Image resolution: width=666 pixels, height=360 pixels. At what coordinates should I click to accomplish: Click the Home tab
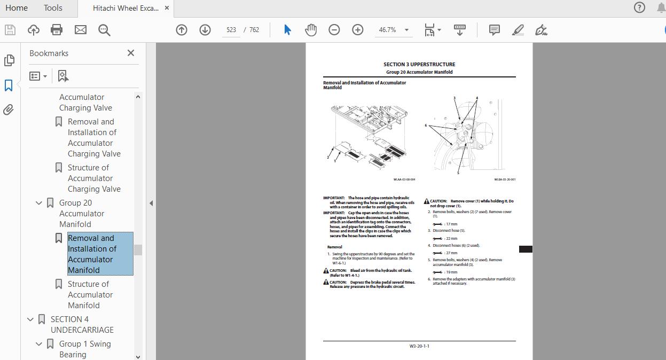17,8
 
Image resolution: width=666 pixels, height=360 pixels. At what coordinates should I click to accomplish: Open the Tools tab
53,8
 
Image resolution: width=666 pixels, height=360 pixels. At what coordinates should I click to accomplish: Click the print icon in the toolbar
57,30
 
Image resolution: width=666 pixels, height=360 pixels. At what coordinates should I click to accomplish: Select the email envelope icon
80,30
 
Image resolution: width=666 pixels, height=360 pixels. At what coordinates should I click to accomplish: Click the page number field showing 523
231,30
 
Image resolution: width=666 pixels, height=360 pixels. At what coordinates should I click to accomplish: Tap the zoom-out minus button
334,30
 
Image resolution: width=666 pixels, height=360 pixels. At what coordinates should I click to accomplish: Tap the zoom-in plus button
358,30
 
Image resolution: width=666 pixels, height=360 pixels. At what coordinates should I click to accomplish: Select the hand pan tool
311,30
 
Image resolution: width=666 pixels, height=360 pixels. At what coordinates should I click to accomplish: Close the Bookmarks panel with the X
131,53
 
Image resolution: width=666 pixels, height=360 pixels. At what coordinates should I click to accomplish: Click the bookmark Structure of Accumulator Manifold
88,294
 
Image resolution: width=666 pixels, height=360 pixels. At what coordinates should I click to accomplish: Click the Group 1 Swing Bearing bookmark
85,349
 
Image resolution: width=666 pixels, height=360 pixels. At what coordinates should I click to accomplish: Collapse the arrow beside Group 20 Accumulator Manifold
39,203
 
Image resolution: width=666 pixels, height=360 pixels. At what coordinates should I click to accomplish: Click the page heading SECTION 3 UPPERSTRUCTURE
419,65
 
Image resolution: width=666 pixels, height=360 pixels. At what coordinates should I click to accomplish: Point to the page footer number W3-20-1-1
419,346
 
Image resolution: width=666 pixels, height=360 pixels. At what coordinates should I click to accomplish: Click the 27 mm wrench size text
451,253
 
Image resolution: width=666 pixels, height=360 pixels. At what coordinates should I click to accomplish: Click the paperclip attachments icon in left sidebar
9,110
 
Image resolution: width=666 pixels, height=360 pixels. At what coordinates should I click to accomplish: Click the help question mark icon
639,7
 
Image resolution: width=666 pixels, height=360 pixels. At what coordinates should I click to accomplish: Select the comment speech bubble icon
495,30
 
